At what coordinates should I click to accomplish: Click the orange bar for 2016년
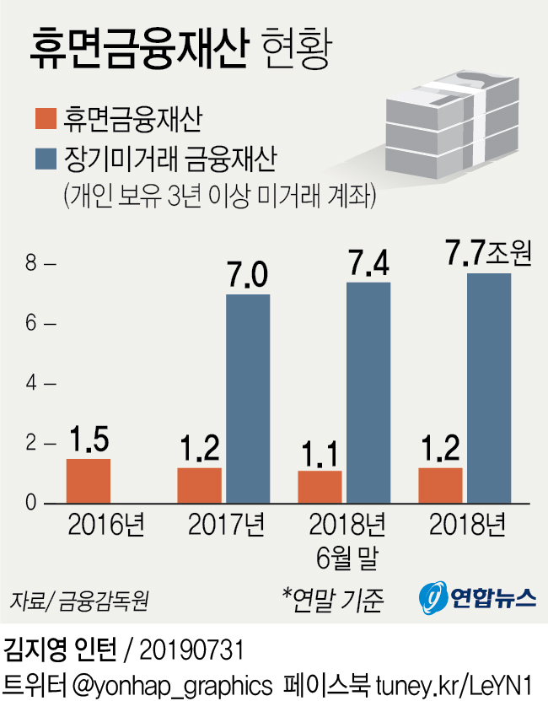[88, 481]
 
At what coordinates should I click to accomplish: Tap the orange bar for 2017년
[199, 485]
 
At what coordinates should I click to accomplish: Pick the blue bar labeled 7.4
[368, 392]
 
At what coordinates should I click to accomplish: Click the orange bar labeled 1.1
[320, 487]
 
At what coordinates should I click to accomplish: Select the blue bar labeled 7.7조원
[489, 388]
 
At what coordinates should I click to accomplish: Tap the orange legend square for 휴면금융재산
[45, 117]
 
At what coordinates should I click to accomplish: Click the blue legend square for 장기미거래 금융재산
[45, 158]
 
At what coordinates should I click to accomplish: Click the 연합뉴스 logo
[478, 598]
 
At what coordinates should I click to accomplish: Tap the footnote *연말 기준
[333, 600]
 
